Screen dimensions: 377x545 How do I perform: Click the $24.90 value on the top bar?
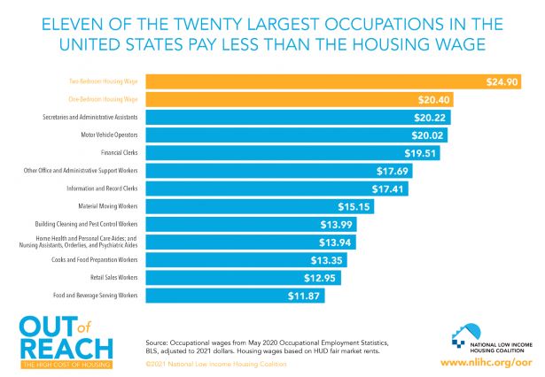pyautogui.click(x=502, y=81)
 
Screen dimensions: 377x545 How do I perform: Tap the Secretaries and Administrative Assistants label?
pyautogui.click(x=89, y=117)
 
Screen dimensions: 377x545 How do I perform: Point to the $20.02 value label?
pyautogui.click(x=429, y=135)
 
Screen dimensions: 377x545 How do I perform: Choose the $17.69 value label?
pyautogui.click(x=393, y=170)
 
